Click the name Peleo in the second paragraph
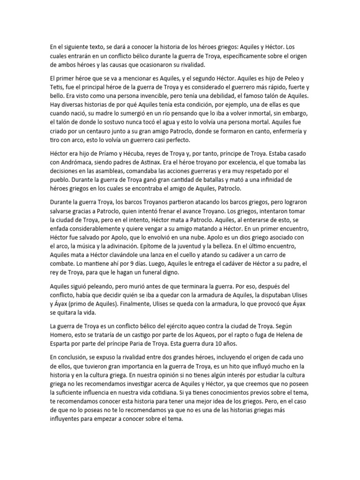coord(289,77)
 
